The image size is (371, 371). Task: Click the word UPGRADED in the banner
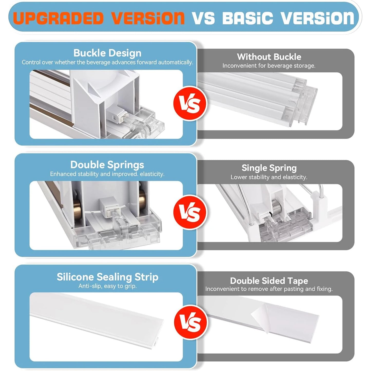[59, 18]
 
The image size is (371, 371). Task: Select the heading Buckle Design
[107, 53]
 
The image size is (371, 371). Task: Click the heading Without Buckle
[269, 57]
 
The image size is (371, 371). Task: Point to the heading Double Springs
[107, 165]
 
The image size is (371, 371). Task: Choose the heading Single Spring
[269, 168]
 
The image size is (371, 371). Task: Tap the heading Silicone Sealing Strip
[107, 277]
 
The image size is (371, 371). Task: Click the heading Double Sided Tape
[269, 281]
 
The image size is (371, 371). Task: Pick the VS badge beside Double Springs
[190, 212]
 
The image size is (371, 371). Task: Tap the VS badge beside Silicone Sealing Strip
[191, 322]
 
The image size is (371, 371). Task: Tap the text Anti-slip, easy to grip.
[107, 286]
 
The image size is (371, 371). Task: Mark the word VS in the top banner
[204, 18]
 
